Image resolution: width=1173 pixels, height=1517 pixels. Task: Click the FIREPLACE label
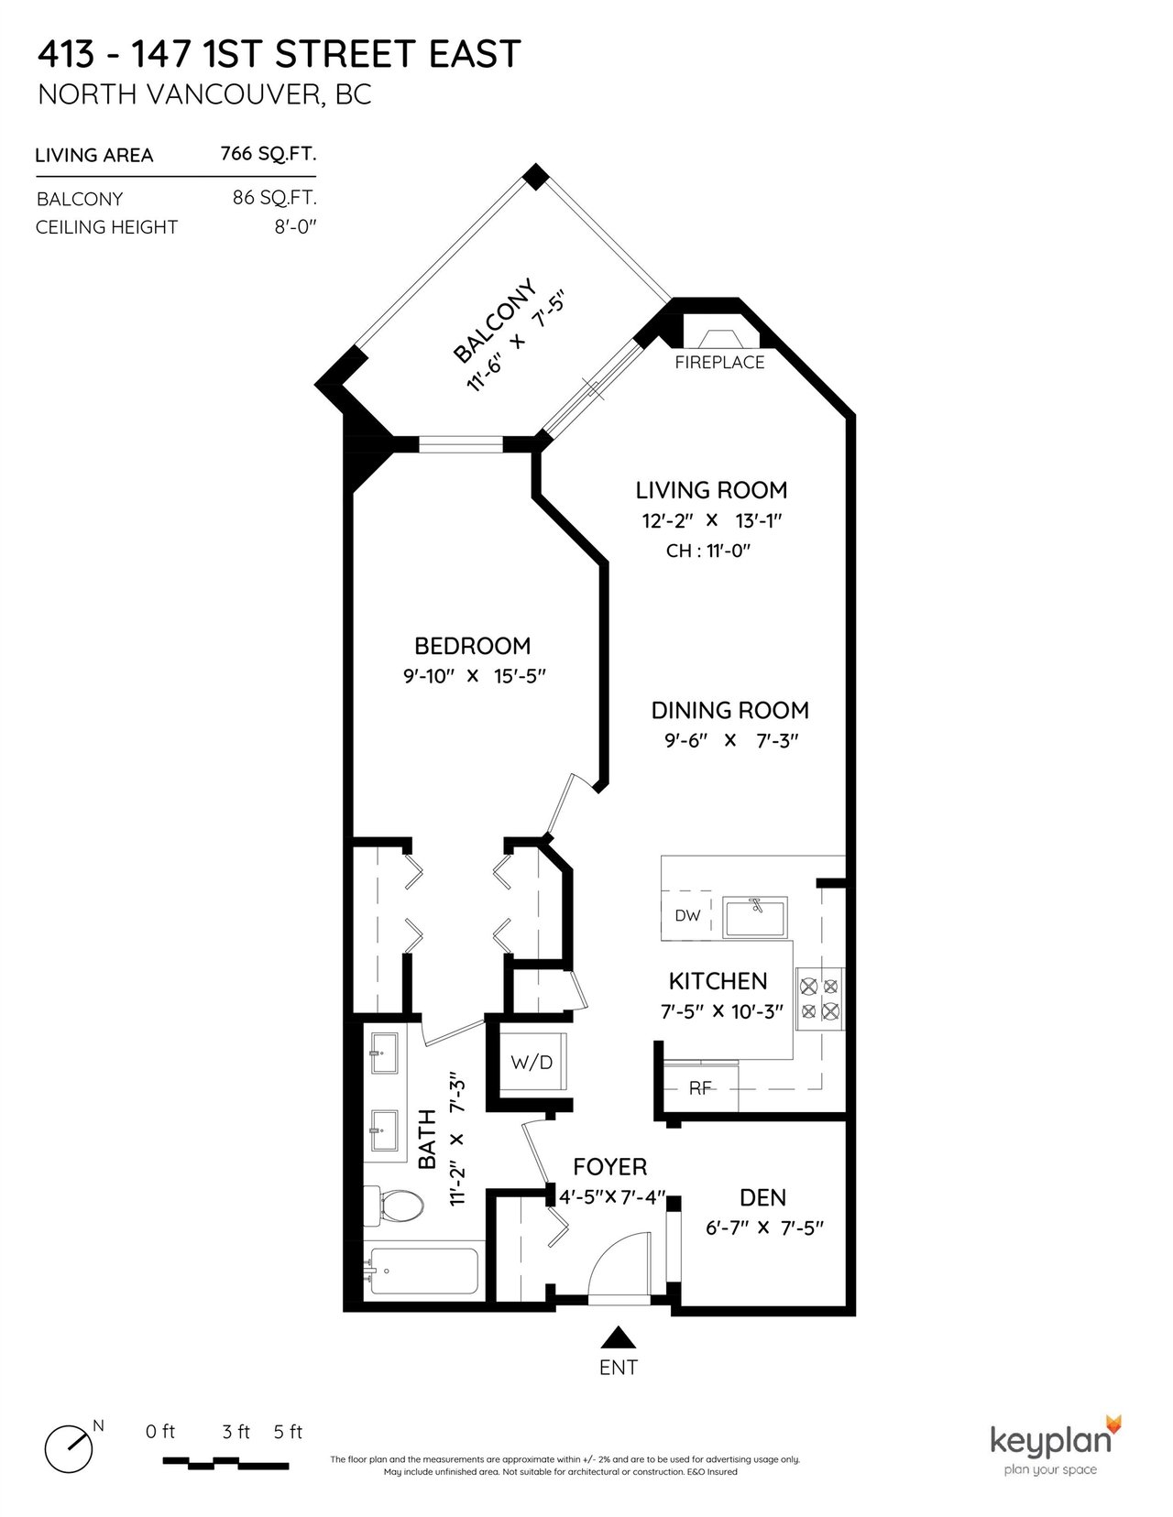pyautogui.click(x=719, y=363)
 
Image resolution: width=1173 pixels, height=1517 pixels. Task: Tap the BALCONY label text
pyautogui.click(x=496, y=322)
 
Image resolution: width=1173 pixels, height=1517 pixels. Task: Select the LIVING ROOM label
pyautogui.click(x=711, y=490)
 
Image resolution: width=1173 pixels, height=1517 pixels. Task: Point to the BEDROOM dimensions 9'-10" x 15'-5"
pyautogui.click(x=473, y=676)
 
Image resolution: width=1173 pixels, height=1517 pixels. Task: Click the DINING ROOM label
pyautogui.click(x=729, y=710)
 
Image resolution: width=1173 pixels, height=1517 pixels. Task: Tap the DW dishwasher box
pyautogui.click(x=687, y=915)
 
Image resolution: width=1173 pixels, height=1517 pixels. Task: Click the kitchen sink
pyautogui.click(x=755, y=917)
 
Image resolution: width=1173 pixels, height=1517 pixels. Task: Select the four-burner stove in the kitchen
pyautogui.click(x=819, y=999)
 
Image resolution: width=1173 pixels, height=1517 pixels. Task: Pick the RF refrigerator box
pyautogui.click(x=699, y=1087)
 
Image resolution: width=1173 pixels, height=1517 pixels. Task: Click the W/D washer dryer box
pyautogui.click(x=532, y=1062)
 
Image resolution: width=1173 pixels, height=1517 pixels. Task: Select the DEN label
pyautogui.click(x=762, y=1198)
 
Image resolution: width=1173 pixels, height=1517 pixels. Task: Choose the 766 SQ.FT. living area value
pyautogui.click(x=269, y=154)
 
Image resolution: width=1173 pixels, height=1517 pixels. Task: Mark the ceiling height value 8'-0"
pyautogui.click(x=295, y=227)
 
